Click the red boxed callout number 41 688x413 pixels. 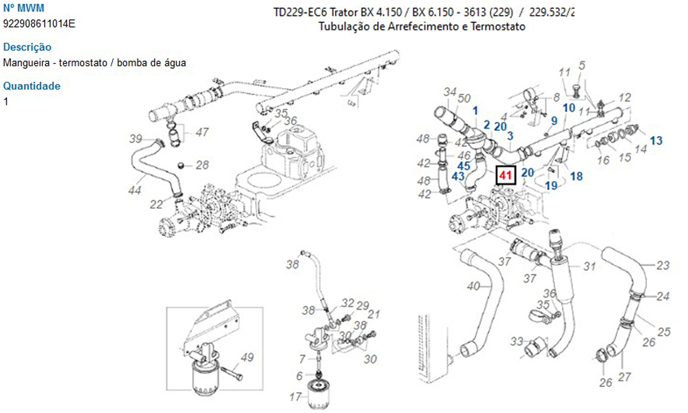(506, 176)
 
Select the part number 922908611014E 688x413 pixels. (39, 23)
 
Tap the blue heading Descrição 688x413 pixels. (28, 47)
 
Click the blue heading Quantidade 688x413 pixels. (32, 86)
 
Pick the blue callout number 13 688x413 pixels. (656, 140)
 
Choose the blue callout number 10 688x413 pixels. (569, 107)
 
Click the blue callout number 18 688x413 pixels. (577, 176)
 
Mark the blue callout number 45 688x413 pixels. (464, 165)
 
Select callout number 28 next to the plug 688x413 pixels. (202, 165)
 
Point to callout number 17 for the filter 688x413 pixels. (295, 396)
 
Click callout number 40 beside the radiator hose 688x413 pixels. (473, 286)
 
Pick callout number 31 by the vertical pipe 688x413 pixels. (590, 267)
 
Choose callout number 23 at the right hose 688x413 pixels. (663, 265)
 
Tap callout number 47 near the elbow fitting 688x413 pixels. (202, 132)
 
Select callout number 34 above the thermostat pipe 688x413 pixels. (450, 92)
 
